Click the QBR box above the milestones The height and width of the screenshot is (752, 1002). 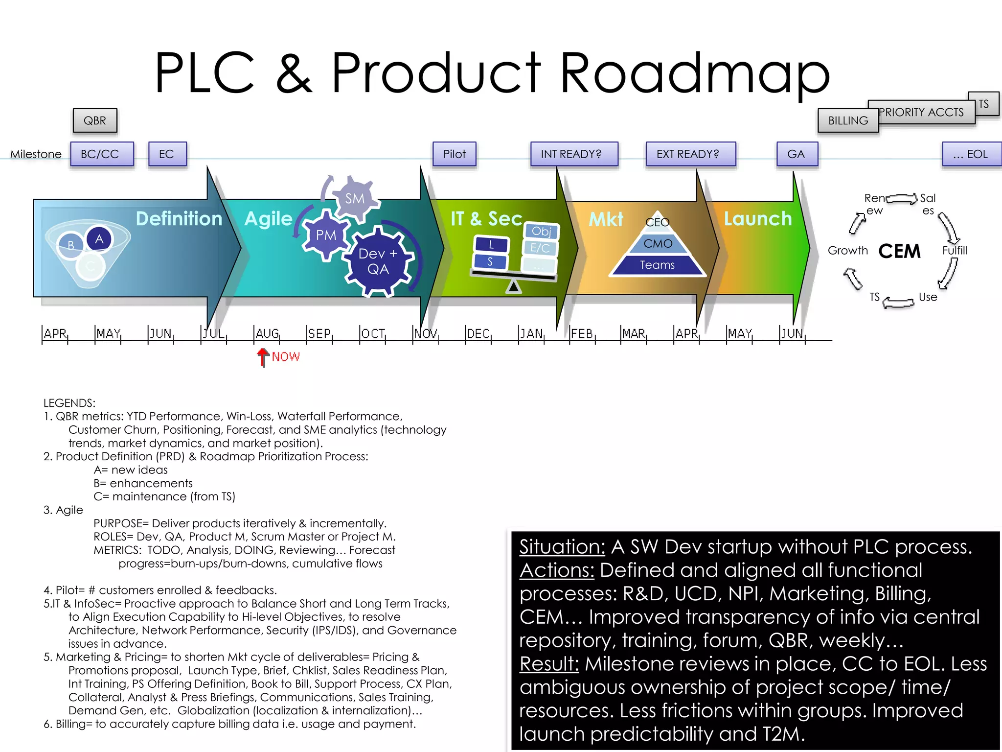click(95, 120)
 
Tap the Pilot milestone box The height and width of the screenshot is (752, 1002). click(454, 154)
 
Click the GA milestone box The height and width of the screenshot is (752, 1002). click(797, 154)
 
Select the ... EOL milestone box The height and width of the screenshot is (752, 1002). click(971, 154)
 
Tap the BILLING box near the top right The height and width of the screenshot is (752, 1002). click(848, 120)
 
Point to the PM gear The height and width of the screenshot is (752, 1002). click(326, 235)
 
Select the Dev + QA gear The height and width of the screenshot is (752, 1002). click(378, 261)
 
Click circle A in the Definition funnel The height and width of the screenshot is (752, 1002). click(99, 239)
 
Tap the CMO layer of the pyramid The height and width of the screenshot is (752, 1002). click(658, 244)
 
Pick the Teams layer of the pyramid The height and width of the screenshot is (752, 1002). click(657, 265)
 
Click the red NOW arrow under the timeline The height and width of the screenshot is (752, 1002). click(263, 357)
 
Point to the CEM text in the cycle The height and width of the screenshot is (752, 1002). click(899, 251)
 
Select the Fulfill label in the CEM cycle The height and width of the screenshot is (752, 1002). click(955, 251)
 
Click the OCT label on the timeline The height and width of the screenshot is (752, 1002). click(373, 334)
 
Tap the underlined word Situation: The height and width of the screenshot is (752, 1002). click(562, 547)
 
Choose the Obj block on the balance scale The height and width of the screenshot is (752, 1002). click(542, 231)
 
